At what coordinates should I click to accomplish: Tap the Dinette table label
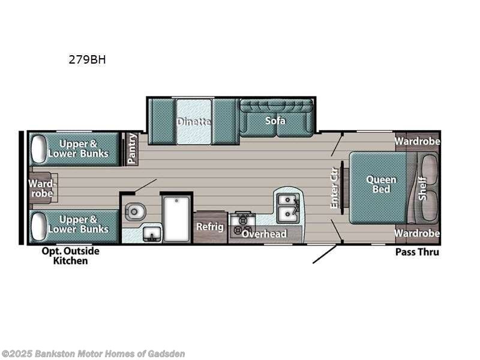(193, 122)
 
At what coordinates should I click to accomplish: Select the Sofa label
(275, 121)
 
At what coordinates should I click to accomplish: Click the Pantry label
(131, 149)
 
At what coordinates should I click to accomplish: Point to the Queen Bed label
(381, 184)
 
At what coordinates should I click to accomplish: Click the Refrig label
(210, 227)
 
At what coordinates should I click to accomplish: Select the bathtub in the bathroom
(177, 218)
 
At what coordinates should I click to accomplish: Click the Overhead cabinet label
(264, 234)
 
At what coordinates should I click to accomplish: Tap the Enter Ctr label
(335, 188)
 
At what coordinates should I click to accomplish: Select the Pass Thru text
(416, 252)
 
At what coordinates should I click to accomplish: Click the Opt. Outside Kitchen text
(70, 256)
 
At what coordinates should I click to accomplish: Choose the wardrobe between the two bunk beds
(43, 188)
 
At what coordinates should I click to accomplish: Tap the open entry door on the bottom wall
(325, 254)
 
